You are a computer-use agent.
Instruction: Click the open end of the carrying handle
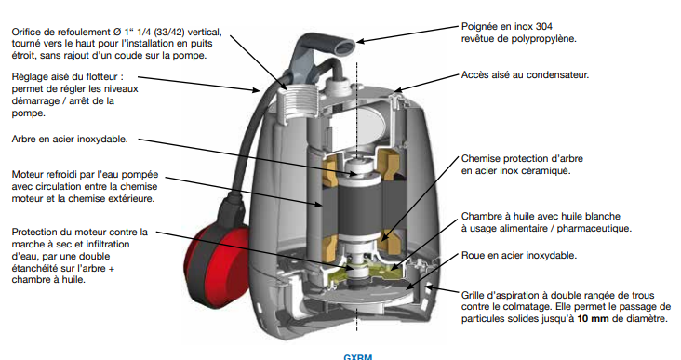[347, 45]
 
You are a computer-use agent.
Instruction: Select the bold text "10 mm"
[593, 319]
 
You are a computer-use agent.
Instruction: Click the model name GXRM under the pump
[358, 357]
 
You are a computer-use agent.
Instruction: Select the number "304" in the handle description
[544, 26]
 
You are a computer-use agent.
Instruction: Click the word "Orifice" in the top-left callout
[27, 33]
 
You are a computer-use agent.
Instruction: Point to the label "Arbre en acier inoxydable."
[70, 140]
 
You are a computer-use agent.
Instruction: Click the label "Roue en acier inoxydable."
[519, 255]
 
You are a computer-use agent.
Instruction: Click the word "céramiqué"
[549, 171]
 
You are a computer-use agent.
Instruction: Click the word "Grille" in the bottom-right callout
[472, 295]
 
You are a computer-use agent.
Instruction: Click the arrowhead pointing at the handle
[360, 42]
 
